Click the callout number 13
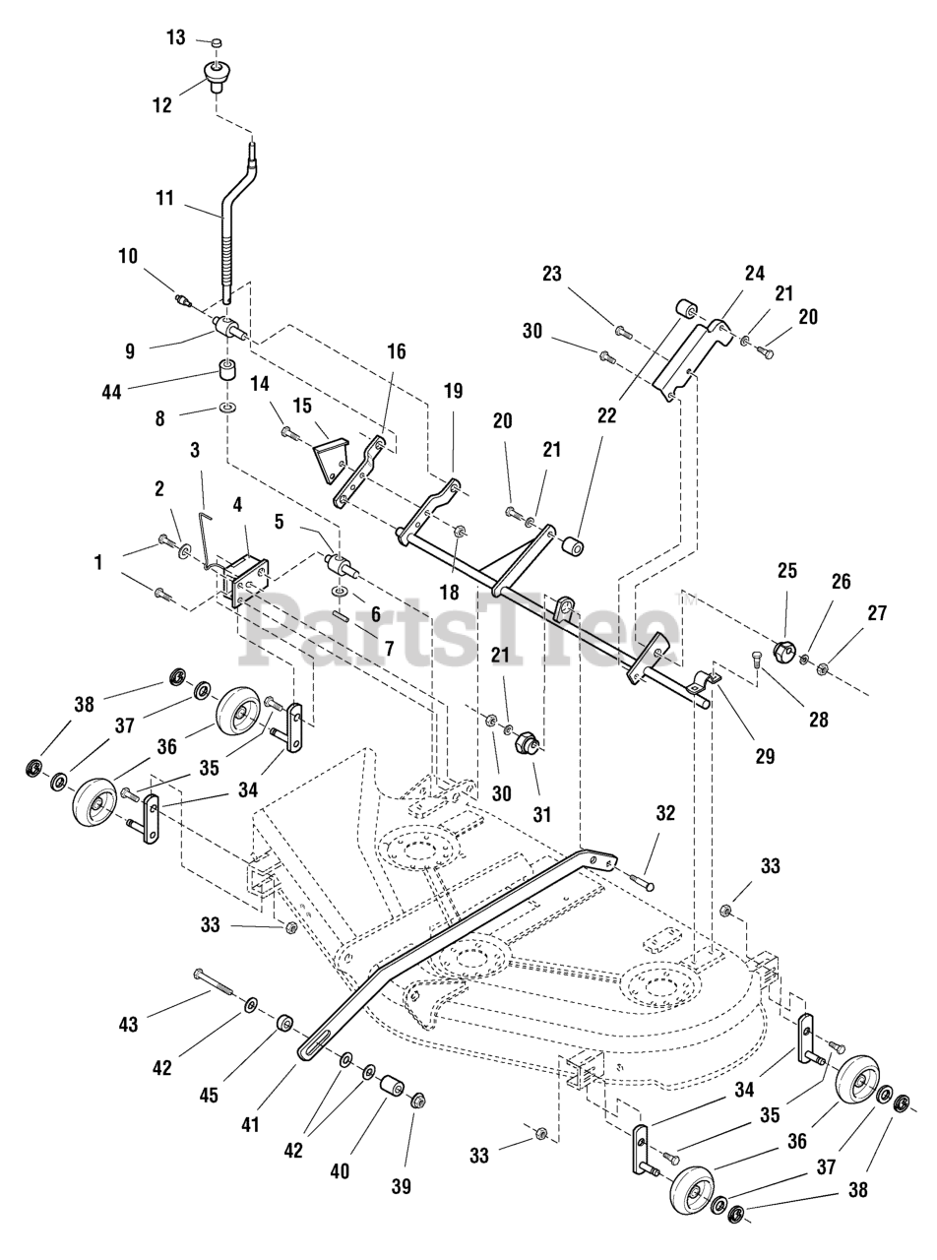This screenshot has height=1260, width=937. [x=176, y=37]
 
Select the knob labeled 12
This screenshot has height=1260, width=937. [x=214, y=77]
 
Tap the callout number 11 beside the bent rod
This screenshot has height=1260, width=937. [x=164, y=198]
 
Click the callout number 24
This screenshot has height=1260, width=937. [x=755, y=274]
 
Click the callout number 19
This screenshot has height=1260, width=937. [x=453, y=391]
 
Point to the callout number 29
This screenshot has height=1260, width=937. [x=765, y=756]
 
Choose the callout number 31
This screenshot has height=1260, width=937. [x=542, y=815]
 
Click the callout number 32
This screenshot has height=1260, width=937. [x=665, y=812]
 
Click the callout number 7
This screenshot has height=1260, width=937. [x=389, y=648]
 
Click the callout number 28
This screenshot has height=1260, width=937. [x=818, y=720]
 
